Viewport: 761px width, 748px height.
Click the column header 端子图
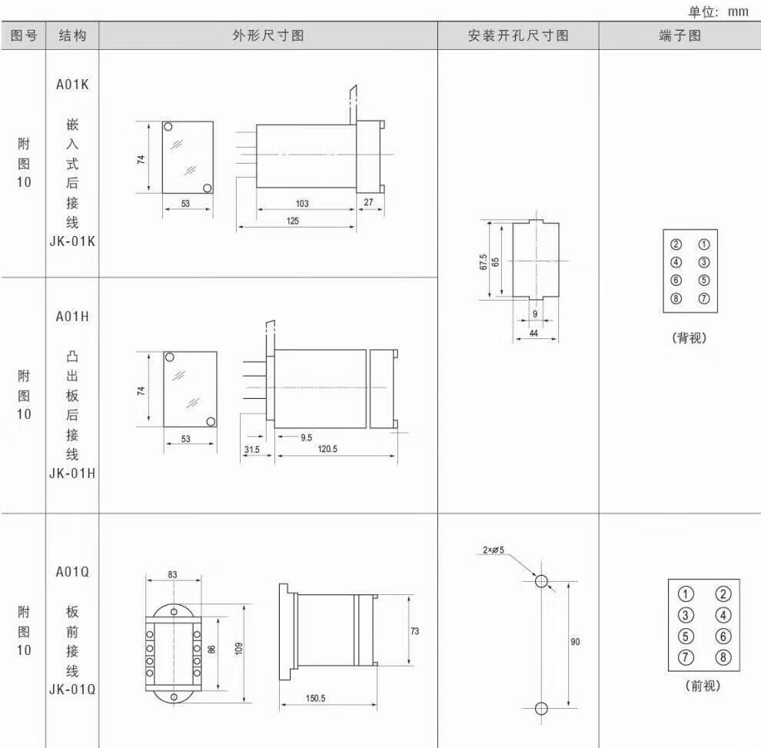point(680,35)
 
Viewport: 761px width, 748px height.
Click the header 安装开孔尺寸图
point(518,35)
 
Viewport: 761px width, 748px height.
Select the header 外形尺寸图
point(268,35)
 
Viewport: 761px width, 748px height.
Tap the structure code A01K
point(72,85)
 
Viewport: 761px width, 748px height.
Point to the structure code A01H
point(72,317)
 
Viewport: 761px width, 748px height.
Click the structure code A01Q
point(72,572)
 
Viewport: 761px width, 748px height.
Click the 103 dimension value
point(301,204)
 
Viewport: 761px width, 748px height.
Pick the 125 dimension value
point(294,221)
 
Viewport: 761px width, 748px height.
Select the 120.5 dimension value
point(327,450)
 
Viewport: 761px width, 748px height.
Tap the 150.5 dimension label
point(316,698)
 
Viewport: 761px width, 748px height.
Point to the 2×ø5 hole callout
point(493,550)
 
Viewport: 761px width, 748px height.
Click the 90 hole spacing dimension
point(575,642)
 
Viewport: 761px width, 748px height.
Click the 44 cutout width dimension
point(533,333)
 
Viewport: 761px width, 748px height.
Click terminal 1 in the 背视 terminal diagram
point(703,245)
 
